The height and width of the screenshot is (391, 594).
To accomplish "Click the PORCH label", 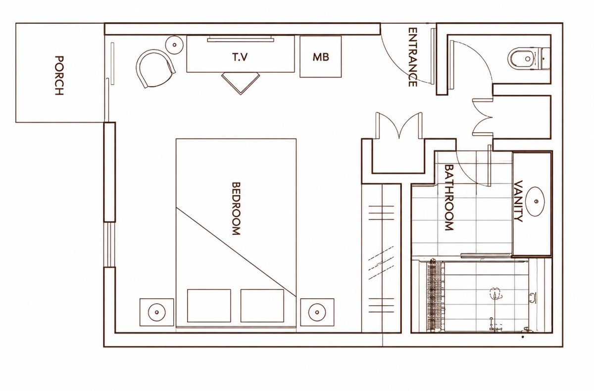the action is pyautogui.click(x=59, y=75).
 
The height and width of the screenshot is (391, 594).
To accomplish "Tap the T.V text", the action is pyautogui.click(x=240, y=57).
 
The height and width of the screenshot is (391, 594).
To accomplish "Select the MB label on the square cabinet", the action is pyautogui.click(x=321, y=57).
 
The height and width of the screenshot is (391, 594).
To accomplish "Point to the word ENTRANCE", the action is pyautogui.click(x=412, y=57).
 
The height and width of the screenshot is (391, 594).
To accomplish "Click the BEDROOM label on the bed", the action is pyautogui.click(x=236, y=208).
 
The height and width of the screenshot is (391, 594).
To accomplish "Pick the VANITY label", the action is pyautogui.click(x=518, y=201).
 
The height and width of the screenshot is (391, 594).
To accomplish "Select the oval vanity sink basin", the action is pyautogui.click(x=535, y=201).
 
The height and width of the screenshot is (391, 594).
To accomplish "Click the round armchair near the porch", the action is pyautogui.click(x=154, y=68).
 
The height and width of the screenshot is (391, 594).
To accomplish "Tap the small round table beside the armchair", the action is pyautogui.click(x=174, y=45).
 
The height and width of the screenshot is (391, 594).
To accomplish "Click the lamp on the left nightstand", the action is pyautogui.click(x=157, y=312).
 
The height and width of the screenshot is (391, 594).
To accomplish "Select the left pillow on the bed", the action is pyautogui.click(x=209, y=306).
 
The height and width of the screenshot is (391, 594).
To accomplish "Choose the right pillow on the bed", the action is pyautogui.click(x=262, y=306).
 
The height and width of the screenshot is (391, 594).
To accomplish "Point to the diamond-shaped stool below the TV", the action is pyautogui.click(x=241, y=83).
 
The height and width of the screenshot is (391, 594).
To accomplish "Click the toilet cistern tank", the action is pyautogui.click(x=545, y=58).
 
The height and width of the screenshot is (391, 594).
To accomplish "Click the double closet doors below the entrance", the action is pyautogui.click(x=398, y=125).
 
